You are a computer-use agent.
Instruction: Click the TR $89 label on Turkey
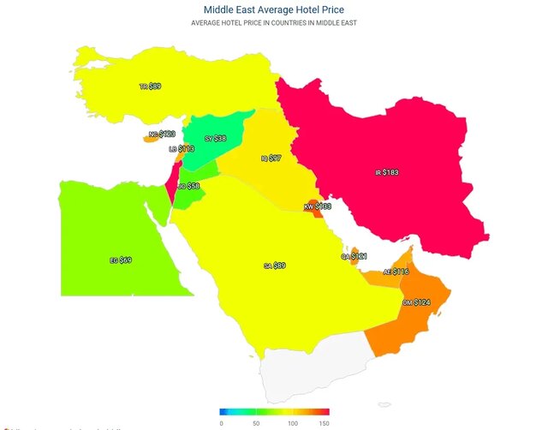150,87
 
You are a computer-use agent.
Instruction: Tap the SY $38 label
215,139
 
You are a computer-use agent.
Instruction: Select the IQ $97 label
271,158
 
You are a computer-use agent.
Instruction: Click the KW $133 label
317,206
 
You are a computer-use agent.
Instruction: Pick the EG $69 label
120,260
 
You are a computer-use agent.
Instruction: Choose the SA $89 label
275,266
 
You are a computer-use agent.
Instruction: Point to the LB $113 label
181,149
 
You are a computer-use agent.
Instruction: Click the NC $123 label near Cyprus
161,134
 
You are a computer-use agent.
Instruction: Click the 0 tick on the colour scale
221,422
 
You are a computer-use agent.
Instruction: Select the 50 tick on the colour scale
256,422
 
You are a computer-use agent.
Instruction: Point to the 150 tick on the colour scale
324,422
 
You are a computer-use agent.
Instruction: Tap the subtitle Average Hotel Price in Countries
273,23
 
